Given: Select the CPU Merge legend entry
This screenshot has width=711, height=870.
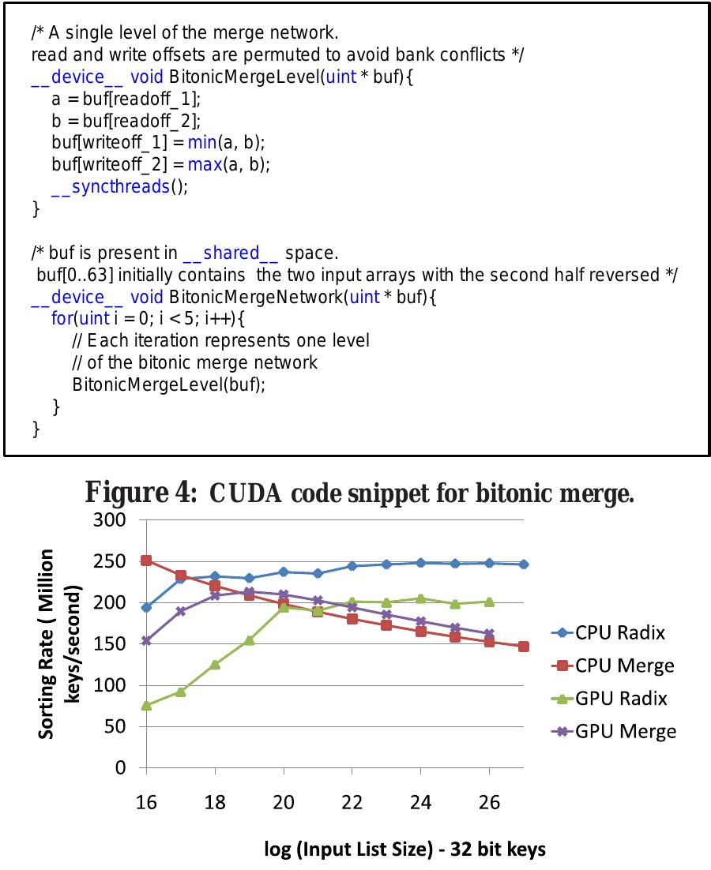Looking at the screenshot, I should click(613, 666).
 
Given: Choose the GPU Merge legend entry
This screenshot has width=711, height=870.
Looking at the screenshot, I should click(613, 731).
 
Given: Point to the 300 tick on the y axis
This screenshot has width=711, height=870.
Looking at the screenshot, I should click(110, 520).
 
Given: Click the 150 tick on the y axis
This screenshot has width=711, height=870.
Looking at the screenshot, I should click(110, 644).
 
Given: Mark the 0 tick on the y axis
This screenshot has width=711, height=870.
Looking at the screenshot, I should click(120, 767).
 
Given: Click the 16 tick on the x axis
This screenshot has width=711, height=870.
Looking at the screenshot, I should click(146, 803).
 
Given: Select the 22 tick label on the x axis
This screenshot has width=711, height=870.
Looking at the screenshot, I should click(352, 803).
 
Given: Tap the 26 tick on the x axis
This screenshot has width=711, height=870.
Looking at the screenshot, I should click(489, 803).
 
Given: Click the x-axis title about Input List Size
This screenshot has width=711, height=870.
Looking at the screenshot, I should click(405, 849).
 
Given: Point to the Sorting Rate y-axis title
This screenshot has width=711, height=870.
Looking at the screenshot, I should click(58, 643).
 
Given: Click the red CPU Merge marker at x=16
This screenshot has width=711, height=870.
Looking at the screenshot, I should click(146, 561).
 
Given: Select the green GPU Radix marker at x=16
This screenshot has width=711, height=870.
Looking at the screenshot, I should click(146, 705).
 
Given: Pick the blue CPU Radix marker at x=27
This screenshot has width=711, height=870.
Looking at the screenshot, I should click(524, 564).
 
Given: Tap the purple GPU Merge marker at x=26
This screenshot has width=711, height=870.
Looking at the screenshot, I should click(489, 633).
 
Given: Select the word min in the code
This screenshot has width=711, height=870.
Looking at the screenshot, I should click(201, 143).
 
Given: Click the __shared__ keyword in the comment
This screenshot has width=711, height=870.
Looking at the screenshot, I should click(230, 253).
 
